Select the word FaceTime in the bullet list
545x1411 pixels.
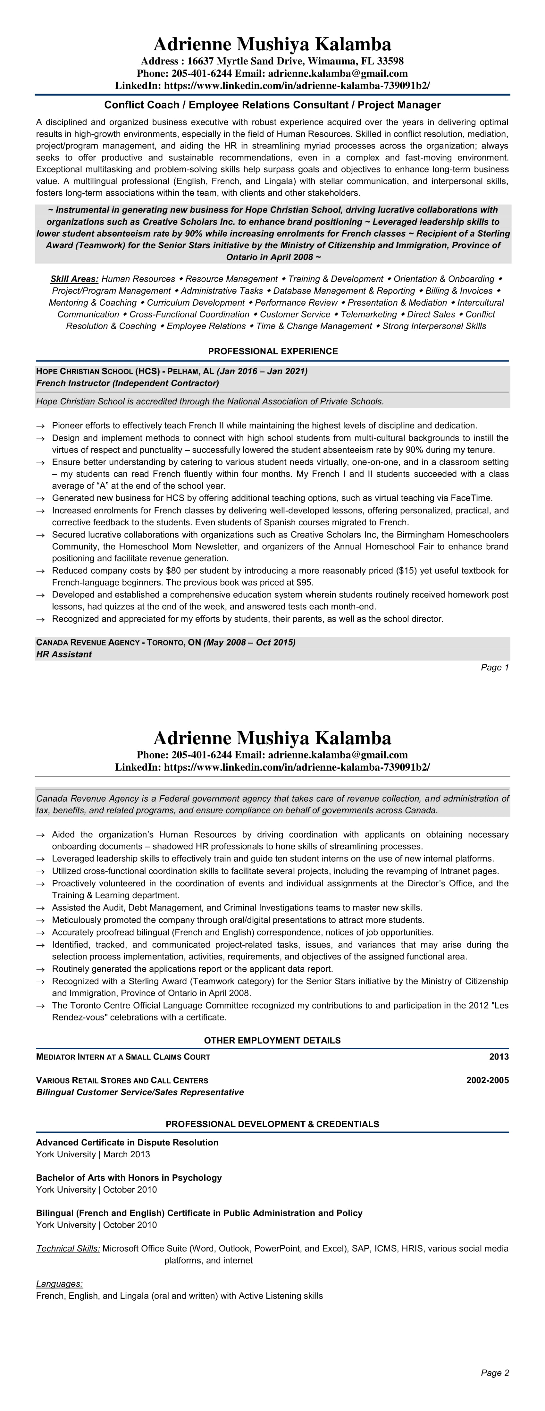coord(471,498)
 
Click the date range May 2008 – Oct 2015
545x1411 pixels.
coord(250,642)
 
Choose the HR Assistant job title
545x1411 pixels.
coord(64,654)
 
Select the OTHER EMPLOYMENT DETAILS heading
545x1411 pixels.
coord(272,1040)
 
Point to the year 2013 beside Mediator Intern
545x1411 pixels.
coord(499,1057)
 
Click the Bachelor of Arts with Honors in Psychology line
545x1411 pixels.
coord(129,1178)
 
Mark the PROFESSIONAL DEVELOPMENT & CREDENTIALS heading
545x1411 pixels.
coord(272,1124)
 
